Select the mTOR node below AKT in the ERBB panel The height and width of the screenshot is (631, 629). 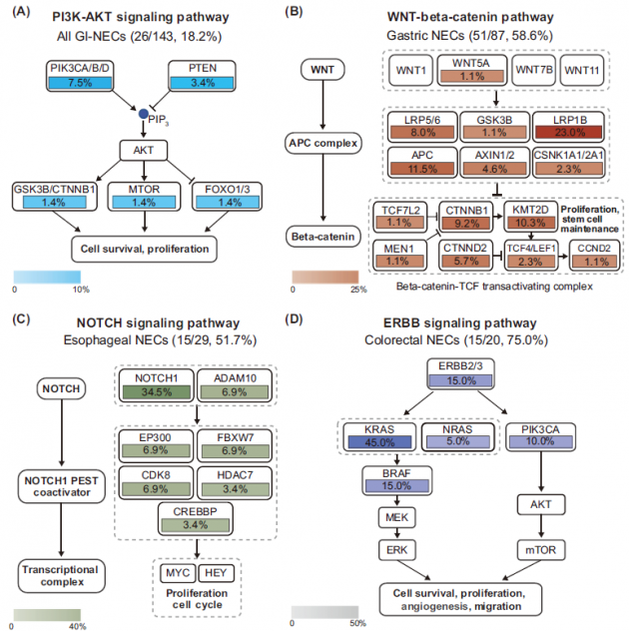click(539, 550)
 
